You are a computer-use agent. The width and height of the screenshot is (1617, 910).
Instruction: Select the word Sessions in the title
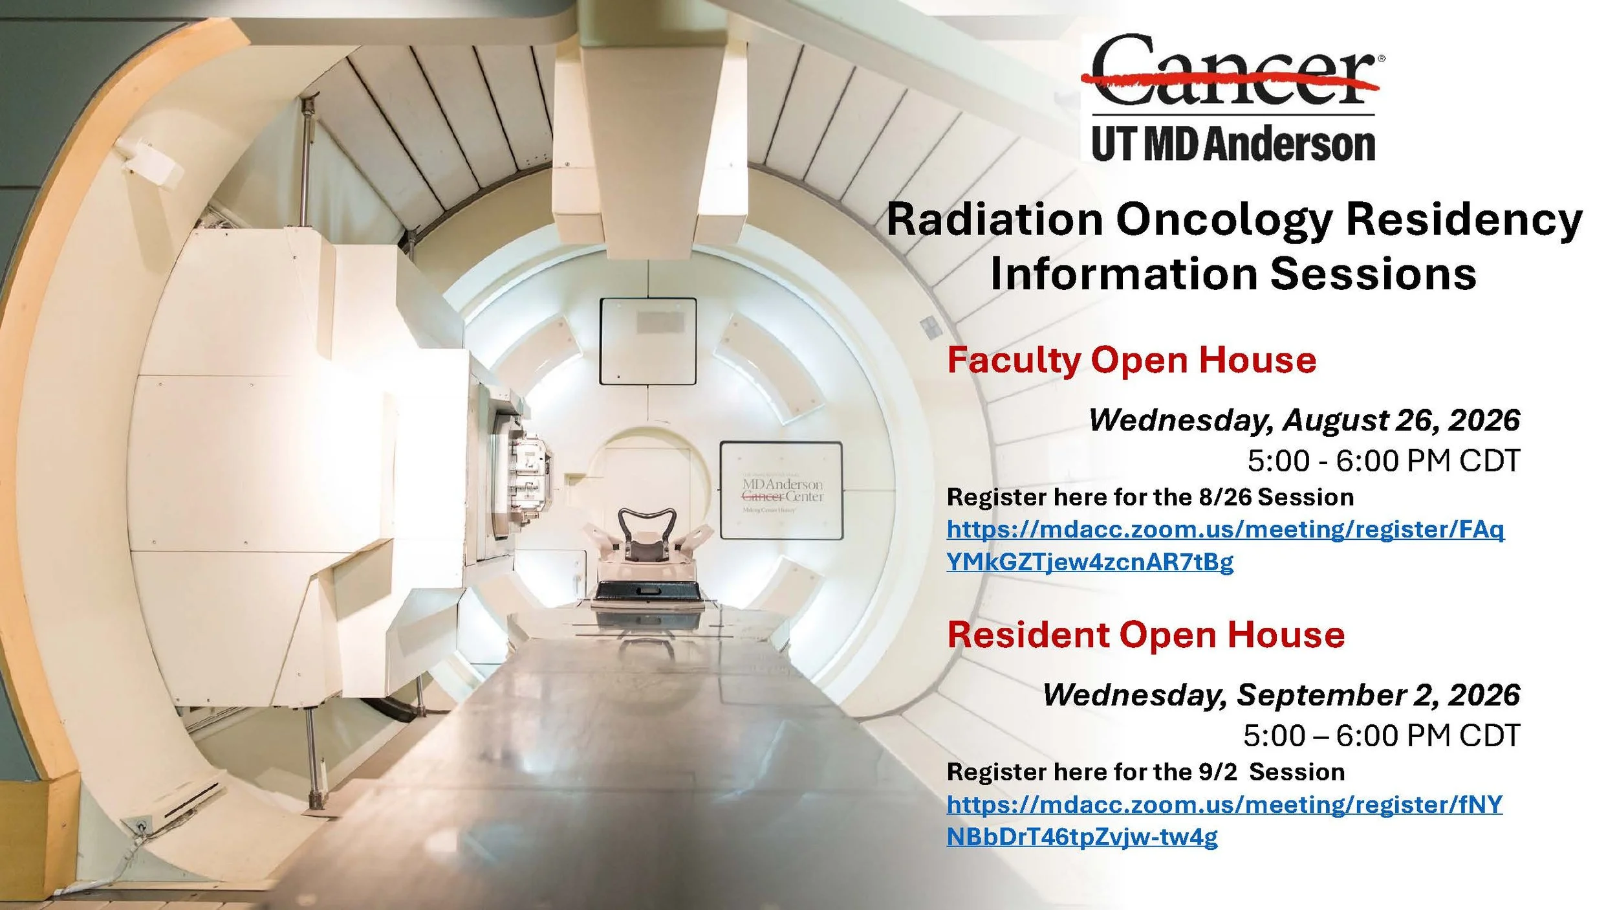coord(1374,274)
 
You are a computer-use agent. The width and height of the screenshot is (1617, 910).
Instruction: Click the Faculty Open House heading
coord(1132,361)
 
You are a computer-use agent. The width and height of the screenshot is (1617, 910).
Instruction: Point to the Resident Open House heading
coord(1146,635)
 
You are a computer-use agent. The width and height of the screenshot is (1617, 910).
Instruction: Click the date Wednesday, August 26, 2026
coord(1304,420)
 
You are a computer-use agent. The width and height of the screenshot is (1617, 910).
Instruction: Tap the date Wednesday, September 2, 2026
coord(1281,695)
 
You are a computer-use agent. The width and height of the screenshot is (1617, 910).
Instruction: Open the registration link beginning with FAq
coord(1226,546)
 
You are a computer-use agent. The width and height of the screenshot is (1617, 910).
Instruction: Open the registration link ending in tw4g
coord(1224,821)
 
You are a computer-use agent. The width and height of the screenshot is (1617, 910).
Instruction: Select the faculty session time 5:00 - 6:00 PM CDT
coord(1384,461)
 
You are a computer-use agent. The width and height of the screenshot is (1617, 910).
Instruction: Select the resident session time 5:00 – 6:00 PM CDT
coord(1382,736)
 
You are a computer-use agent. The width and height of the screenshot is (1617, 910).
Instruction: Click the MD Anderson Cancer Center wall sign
coord(781,491)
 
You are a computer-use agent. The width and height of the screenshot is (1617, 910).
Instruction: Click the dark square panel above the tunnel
coord(648,341)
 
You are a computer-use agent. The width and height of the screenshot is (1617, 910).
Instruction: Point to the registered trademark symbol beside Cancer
coord(1382,58)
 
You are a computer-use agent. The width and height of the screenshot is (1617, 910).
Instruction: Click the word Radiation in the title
coord(994,219)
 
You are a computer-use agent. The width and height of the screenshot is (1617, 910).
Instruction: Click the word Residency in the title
coord(1464,221)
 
